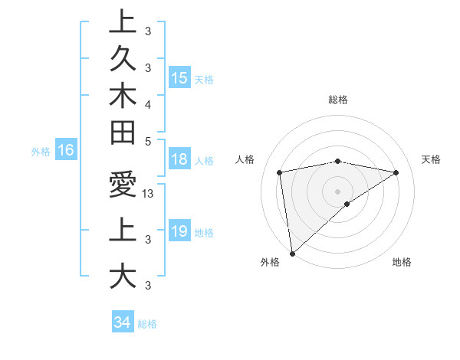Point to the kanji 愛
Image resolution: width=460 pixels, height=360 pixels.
tap(123, 186)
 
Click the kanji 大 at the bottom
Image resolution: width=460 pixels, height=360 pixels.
tap(123, 275)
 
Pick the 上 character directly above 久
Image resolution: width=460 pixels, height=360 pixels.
tap(123, 22)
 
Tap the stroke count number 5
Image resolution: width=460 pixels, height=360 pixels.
tap(148, 140)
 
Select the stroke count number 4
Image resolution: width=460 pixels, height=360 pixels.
tap(148, 103)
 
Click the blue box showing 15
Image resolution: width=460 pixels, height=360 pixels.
tap(179, 78)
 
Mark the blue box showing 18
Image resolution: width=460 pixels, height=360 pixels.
tap(179, 160)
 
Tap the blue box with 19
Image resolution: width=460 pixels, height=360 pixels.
tap(179, 231)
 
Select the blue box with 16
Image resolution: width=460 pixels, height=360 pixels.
tap(65, 150)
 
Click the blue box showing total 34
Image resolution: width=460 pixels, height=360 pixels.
tap(122, 322)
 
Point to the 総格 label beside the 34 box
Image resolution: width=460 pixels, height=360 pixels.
tap(147, 324)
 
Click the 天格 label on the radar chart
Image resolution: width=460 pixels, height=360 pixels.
tap(431, 159)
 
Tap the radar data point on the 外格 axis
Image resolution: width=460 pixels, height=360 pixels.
tap(292, 253)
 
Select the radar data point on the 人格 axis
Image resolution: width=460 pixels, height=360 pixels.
tap(280, 172)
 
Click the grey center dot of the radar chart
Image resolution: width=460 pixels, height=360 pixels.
tap(338, 191)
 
